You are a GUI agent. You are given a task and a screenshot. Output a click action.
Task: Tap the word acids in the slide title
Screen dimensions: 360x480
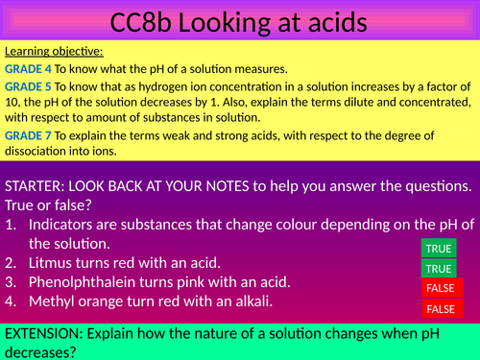tap(338, 20)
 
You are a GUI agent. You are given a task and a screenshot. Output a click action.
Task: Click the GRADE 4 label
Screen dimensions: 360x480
tap(26, 68)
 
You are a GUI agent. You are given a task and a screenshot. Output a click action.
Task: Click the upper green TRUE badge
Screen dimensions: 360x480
tap(440, 248)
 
